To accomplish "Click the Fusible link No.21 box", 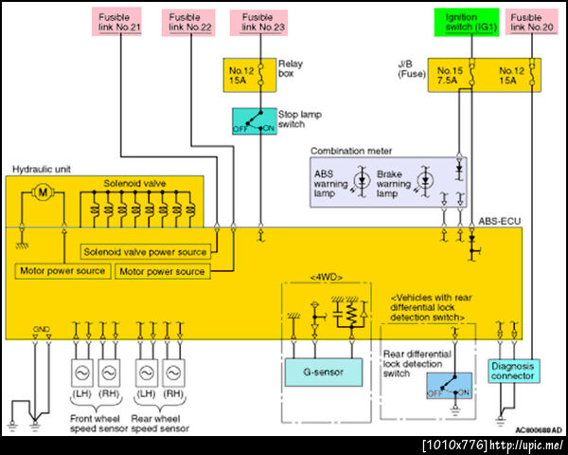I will [x=122, y=22].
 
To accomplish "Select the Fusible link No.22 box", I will [x=192, y=22].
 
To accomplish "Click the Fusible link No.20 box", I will [x=534, y=22].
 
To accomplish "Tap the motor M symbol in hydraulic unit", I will [x=41, y=192].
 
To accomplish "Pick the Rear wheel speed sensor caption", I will [x=159, y=423].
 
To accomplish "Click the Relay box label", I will [x=290, y=69].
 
